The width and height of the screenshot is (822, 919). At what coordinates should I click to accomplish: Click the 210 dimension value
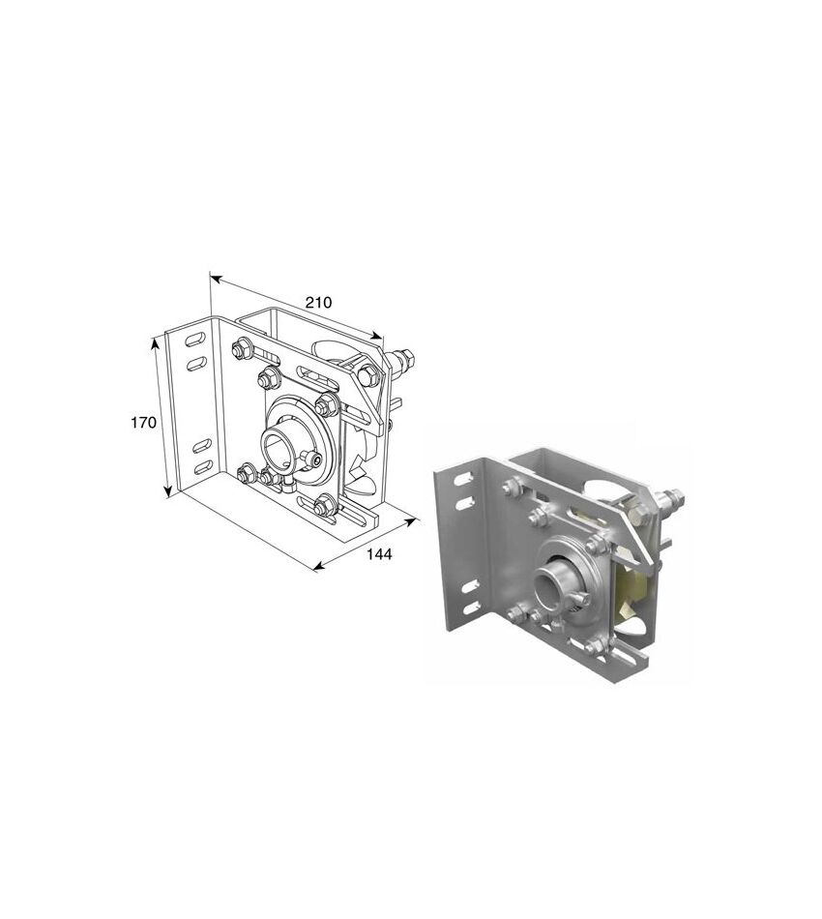point(318,303)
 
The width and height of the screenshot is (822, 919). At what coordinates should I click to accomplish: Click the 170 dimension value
point(143,422)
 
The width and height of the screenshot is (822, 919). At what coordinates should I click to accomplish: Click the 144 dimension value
point(379,554)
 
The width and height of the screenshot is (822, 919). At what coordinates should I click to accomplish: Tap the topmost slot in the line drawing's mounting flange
point(196,340)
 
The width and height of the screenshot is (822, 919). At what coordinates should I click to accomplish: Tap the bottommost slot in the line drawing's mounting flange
point(203,468)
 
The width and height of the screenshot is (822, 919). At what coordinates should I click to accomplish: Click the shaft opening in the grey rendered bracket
point(546,588)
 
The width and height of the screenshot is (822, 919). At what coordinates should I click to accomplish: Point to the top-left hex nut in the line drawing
point(241,350)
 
